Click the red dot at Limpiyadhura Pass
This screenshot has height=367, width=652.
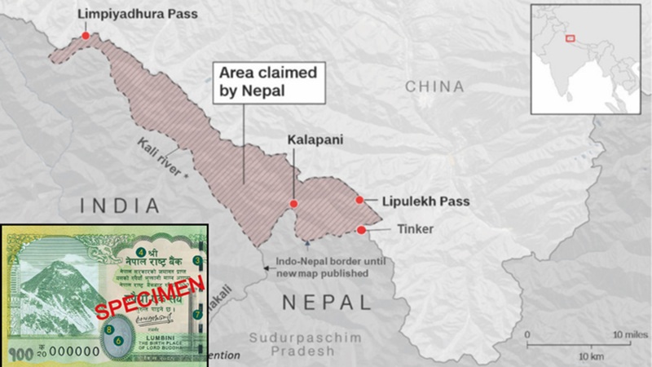[85, 35]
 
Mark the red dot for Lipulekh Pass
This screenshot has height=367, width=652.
[359, 201]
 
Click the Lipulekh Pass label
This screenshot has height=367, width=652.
[416, 201]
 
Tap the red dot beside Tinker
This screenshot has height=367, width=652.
[361, 230]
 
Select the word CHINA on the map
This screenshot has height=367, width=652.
[434, 86]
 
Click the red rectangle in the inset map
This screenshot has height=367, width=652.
[570, 38]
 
